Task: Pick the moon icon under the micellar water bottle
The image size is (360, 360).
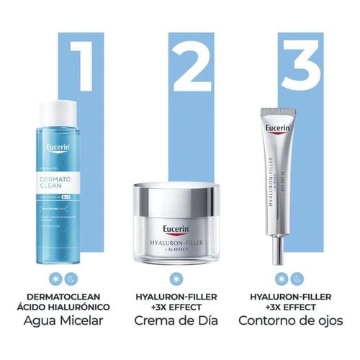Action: tap(70, 277)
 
